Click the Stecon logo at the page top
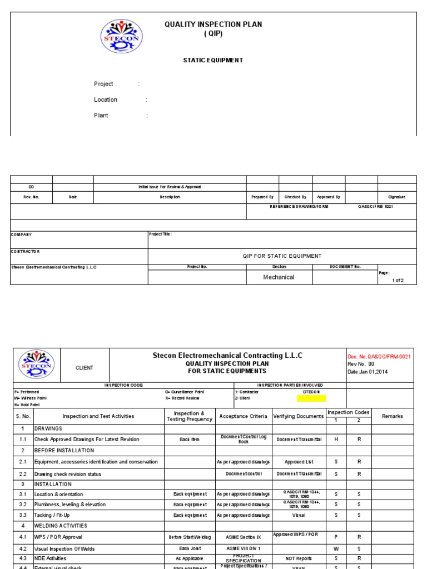click(x=121, y=36)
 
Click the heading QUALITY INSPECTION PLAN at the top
click(x=213, y=24)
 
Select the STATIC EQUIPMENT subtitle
click(x=213, y=60)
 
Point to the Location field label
click(x=106, y=100)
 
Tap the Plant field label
click(x=101, y=116)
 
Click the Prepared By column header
click(x=262, y=197)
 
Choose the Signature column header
click(x=396, y=197)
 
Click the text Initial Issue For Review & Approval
click(x=170, y=187)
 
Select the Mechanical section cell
click(x=279, y=277)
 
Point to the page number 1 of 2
click(x=398, y=280)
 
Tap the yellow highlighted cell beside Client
click(x=311, y=398)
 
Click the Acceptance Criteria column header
click(x=243, y=416)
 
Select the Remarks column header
click(x=393, y=416)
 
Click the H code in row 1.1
click(x=336, y=440)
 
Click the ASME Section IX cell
click(x=243, y=537)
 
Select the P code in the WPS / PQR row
click(x=336, y=537)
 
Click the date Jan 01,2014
click(x=368, y=372)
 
